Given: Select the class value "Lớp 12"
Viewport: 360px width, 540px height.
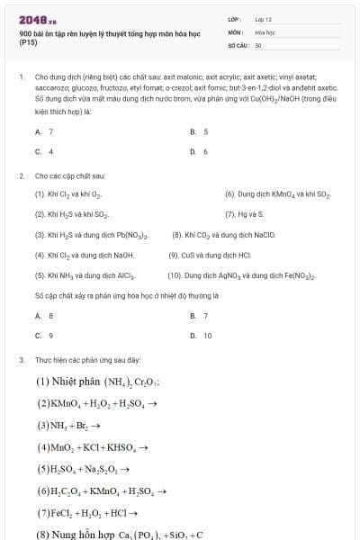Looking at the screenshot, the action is (x=263, y=19).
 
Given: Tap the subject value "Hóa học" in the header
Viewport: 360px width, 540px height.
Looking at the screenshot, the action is (x=265, y=31).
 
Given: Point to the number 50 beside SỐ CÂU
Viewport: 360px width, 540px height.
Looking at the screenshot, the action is (x=258, y=44).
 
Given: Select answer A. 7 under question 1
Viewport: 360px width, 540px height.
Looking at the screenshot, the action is (x=44, y=131).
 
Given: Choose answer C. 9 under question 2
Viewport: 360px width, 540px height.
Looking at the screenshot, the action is (x=44, y=335).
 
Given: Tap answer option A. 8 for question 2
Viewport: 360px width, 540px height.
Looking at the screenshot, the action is (x=44, y=315).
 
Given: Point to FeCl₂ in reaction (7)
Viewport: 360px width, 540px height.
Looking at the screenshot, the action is (x=64, y=513).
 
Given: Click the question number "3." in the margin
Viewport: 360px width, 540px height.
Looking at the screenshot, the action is (x=21, y=359).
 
